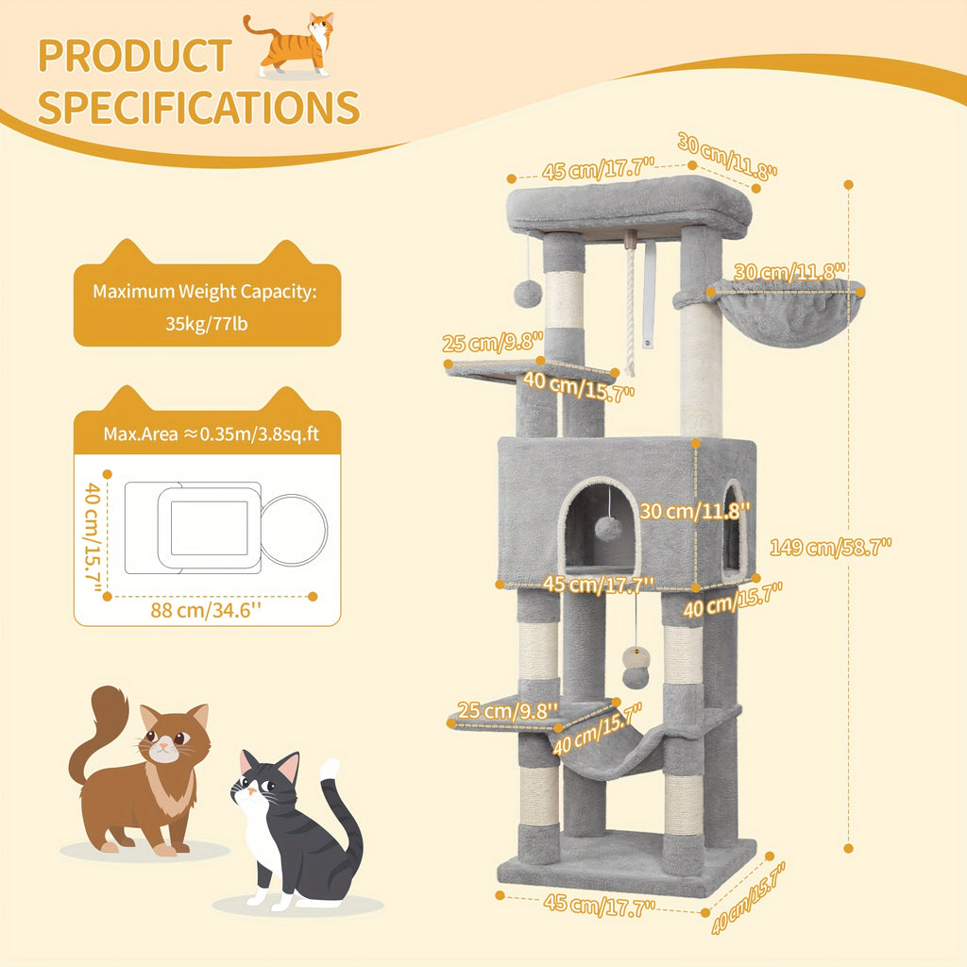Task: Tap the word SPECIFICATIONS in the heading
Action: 198,108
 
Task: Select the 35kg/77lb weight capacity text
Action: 207,324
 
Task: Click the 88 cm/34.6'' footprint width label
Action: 206,611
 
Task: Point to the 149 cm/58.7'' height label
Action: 831,547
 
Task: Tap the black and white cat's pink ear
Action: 288,767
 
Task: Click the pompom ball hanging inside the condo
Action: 607,529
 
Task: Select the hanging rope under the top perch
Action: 630,309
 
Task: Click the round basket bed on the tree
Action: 785,312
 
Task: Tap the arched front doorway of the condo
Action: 600,524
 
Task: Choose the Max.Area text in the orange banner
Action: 141,434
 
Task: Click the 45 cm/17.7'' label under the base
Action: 599,905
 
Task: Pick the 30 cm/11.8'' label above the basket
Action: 789,271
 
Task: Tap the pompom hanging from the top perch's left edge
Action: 528,293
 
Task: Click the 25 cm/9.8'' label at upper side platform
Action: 492,342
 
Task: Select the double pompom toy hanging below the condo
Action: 636,668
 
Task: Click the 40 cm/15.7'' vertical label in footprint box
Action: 93,536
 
